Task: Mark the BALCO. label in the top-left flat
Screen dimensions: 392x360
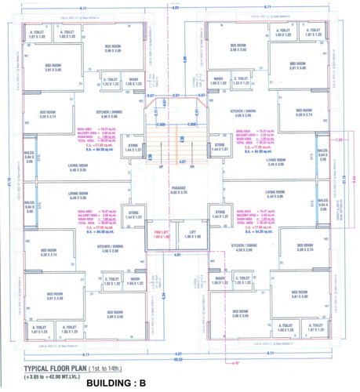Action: (x=30, y=154)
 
